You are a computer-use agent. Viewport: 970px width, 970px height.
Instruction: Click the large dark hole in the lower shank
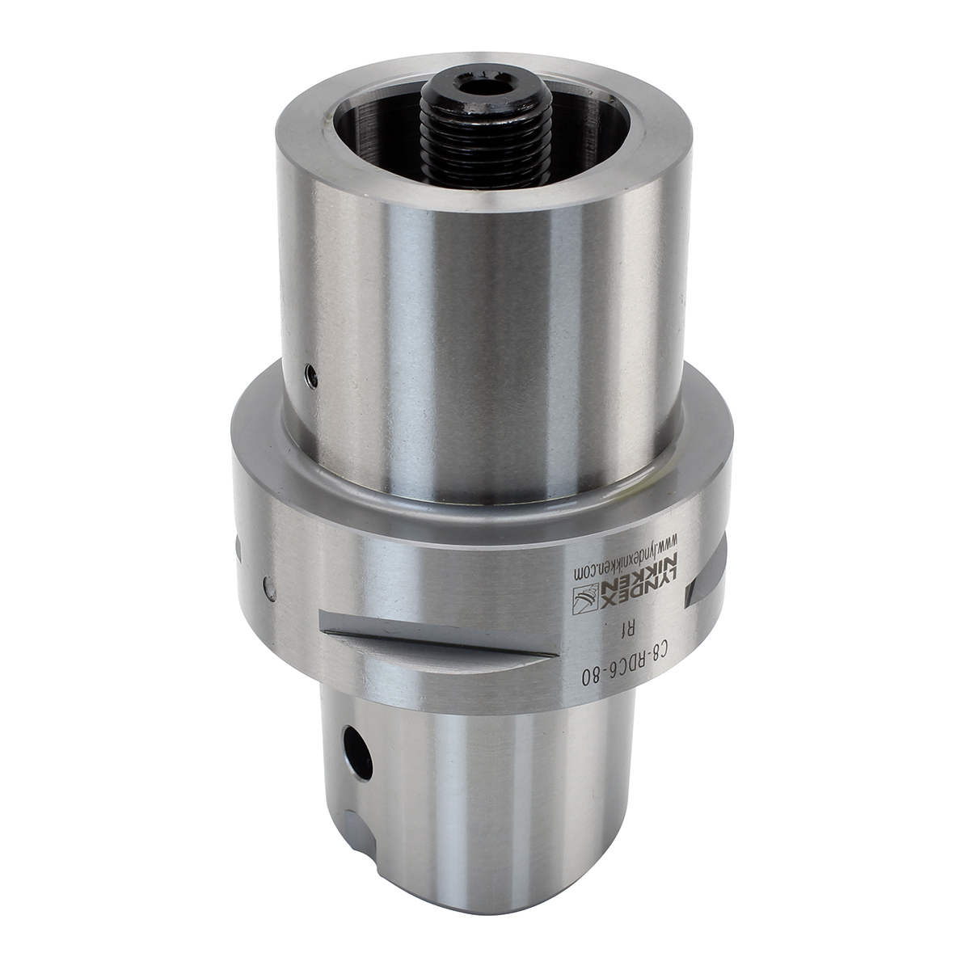click(357, 762)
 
